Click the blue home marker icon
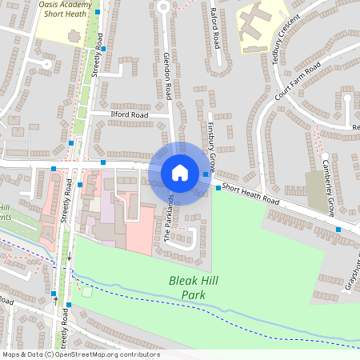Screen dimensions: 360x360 180,172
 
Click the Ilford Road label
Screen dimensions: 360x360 130,115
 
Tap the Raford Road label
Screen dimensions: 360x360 215,28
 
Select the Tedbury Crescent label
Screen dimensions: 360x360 287,37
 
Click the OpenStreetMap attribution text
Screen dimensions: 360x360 81,354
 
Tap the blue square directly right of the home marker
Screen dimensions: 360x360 206,174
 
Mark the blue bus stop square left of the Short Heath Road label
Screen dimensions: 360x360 218,188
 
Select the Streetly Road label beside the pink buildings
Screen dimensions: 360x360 69,200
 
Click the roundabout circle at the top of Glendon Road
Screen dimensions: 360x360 163,6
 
